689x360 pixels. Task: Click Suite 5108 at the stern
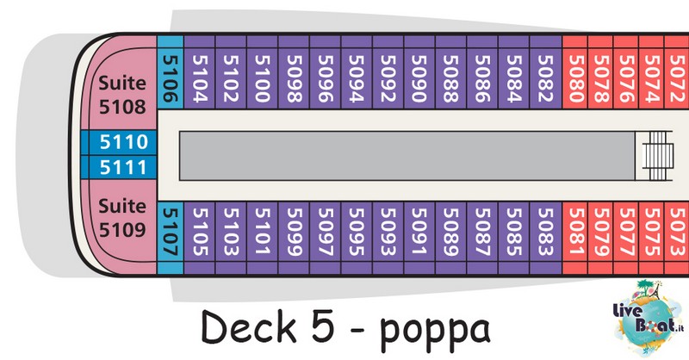click(123, 88)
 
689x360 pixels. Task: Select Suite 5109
click(123, 222)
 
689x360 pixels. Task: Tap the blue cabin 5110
click(123, 142)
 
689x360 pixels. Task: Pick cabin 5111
click(123, 167)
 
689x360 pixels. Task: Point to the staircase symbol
click(657, 156)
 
